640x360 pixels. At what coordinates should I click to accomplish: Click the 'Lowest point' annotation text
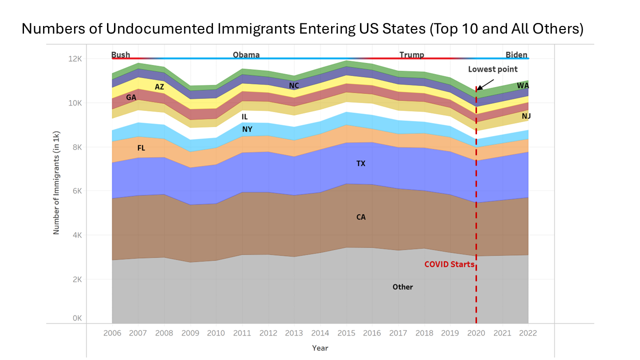492,69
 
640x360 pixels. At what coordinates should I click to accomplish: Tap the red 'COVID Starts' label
449,264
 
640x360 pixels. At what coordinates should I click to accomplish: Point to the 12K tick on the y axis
74,59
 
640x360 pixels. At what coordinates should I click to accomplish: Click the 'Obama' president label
246,54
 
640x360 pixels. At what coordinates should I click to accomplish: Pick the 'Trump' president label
411,54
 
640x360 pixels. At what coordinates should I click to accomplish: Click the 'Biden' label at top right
516,54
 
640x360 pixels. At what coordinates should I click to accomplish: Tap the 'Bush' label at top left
120,54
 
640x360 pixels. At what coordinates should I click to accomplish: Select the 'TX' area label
360,163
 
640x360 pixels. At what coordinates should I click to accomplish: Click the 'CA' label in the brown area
360,217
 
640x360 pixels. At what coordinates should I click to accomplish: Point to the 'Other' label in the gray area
402,287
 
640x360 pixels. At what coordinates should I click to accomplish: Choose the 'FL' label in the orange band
141,148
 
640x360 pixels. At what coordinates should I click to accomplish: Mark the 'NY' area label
247,129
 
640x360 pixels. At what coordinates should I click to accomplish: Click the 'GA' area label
131,97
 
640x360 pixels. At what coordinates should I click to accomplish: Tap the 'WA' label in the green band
523,85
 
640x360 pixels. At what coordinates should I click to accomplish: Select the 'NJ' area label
526,116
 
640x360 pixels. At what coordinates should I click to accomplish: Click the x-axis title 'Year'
320,348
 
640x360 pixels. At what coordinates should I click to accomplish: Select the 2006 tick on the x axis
112,333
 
